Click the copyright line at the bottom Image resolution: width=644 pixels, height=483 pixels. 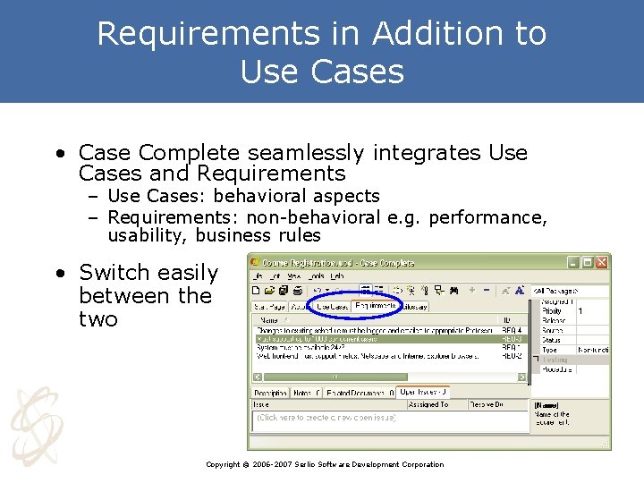(x=324, y=464)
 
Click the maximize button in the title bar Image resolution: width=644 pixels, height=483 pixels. (x=587, y=263)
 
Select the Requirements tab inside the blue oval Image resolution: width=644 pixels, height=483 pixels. (x=375, y=306)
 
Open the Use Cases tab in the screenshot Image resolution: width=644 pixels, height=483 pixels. (x=332, y=306)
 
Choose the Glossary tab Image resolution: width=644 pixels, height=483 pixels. (x=414, y=306)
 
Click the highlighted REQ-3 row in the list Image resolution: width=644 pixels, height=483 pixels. (x=376, y=339)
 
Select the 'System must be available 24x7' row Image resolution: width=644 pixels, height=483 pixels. (x=376, y=347)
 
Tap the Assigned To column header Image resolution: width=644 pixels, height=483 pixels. (x=428, y=404)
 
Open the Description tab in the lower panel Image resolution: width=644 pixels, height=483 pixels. (x=270, y=392)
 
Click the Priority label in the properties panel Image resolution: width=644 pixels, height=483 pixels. (x=553, y=310)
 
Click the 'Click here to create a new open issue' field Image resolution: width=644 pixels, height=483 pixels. (x=326, y=418)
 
